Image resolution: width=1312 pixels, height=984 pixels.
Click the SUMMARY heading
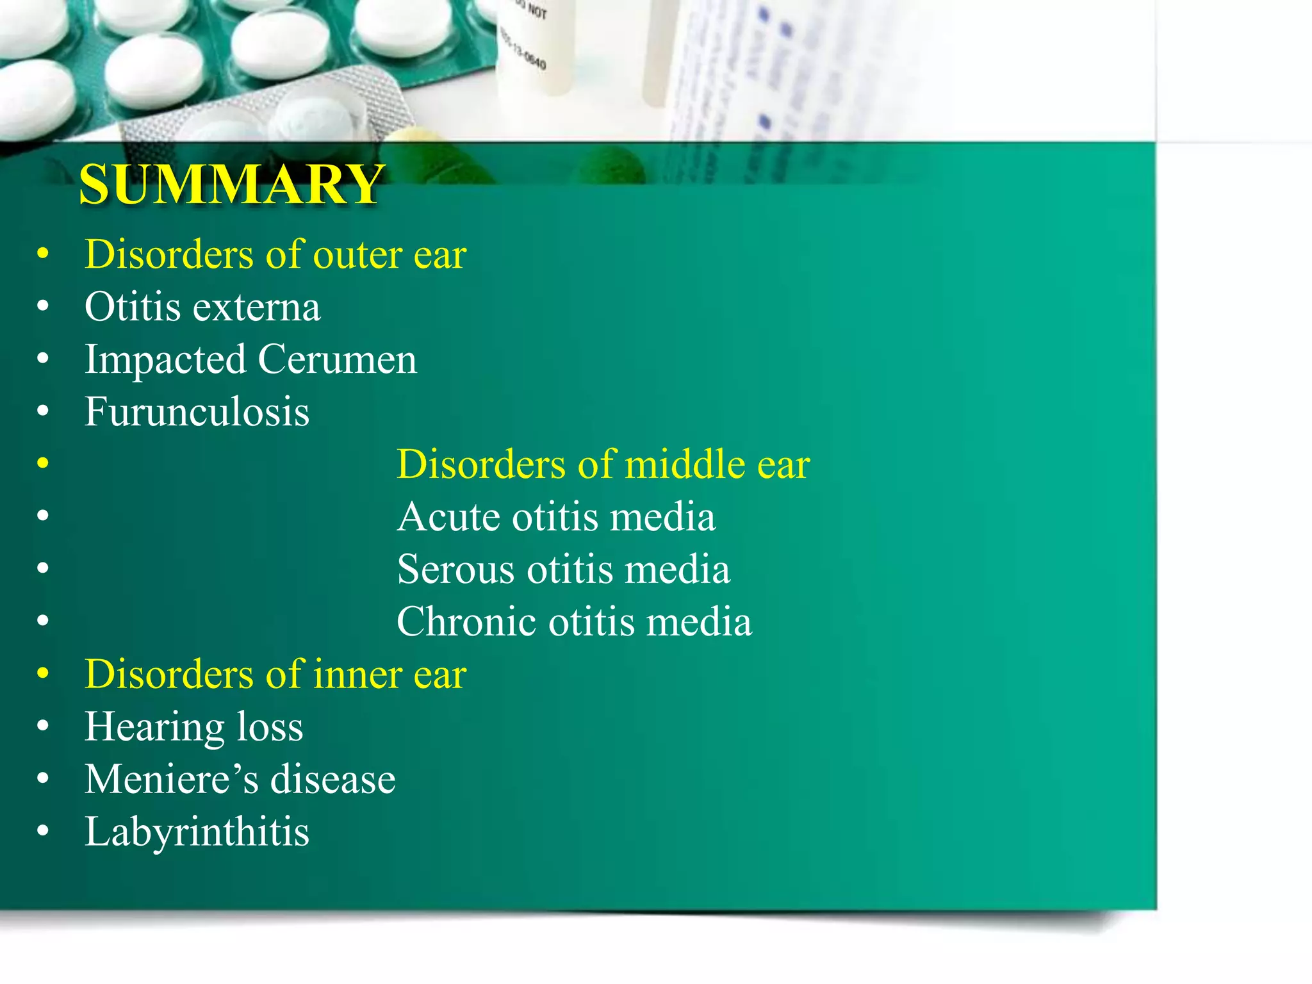tap(231, 184)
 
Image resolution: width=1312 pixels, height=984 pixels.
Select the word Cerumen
tap(337, 360)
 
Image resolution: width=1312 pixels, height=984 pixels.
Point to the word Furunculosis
tap(197, 412)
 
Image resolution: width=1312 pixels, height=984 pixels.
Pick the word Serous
tap(455, 570)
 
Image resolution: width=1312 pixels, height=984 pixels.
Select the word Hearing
tap(154, 728)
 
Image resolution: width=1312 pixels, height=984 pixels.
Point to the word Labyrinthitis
tap(197, 832)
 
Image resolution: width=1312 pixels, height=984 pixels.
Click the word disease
tap(332, 780)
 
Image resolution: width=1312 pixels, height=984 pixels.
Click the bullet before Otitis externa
tap(43, 307)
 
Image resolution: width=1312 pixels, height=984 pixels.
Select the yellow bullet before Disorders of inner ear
tap(43, 674)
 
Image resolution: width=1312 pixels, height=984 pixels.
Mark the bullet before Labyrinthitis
tap(43, 832)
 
